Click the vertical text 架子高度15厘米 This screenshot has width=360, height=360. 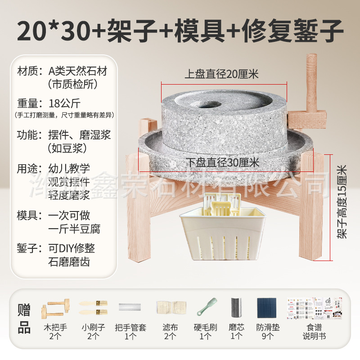coord(342,201)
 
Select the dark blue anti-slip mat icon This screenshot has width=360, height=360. coord(267,308)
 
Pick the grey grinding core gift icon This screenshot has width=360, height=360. coord(236,308)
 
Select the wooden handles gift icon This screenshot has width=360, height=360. coord(54,308)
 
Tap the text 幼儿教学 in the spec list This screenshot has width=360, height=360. coord(68,169)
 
